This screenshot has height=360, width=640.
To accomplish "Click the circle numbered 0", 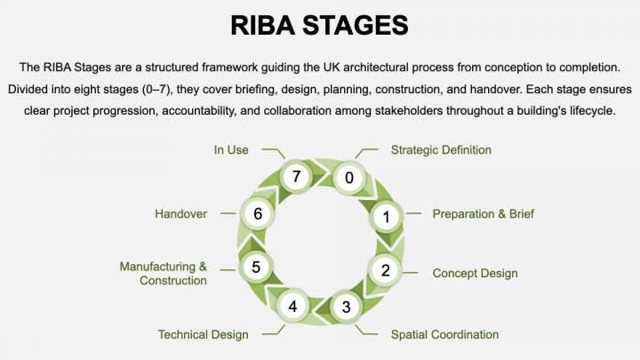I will pyautogui.click(x=348, y=177).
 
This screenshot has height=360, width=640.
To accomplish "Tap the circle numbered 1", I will pyautogui.click(x=386, y=216).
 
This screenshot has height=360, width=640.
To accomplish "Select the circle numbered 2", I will pyautogui.click(x=385, y=270).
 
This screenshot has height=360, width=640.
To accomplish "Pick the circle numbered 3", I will pyautogui.click(x=346, y=308).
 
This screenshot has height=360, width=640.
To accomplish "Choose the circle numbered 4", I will pyautogui.click(x=292, y=307).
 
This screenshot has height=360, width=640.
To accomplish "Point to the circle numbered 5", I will pyautogui.click(x=256, y=266).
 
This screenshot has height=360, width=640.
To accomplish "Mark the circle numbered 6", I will pyautogui.click(x=257, y=213).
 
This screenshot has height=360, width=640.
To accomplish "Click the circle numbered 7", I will pyautogui.click(x=296, y=176).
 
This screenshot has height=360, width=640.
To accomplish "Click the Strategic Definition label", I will pyautogui.click(x=441, y=150).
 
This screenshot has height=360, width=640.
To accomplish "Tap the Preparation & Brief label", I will pyautogui.click(x=483, y=214).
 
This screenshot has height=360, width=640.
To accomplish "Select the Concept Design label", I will pyautogui.click(x=475, y=273).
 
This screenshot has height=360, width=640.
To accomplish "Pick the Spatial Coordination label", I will pyautogui.click(x=444, y=335).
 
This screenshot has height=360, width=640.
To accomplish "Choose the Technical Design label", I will pyautogui.click(x=203, y=335).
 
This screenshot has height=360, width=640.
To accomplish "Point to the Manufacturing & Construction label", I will pyautogui.click(x=164, y=273).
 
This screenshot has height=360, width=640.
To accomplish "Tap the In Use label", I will pyautogui.click(x=231, y=150).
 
